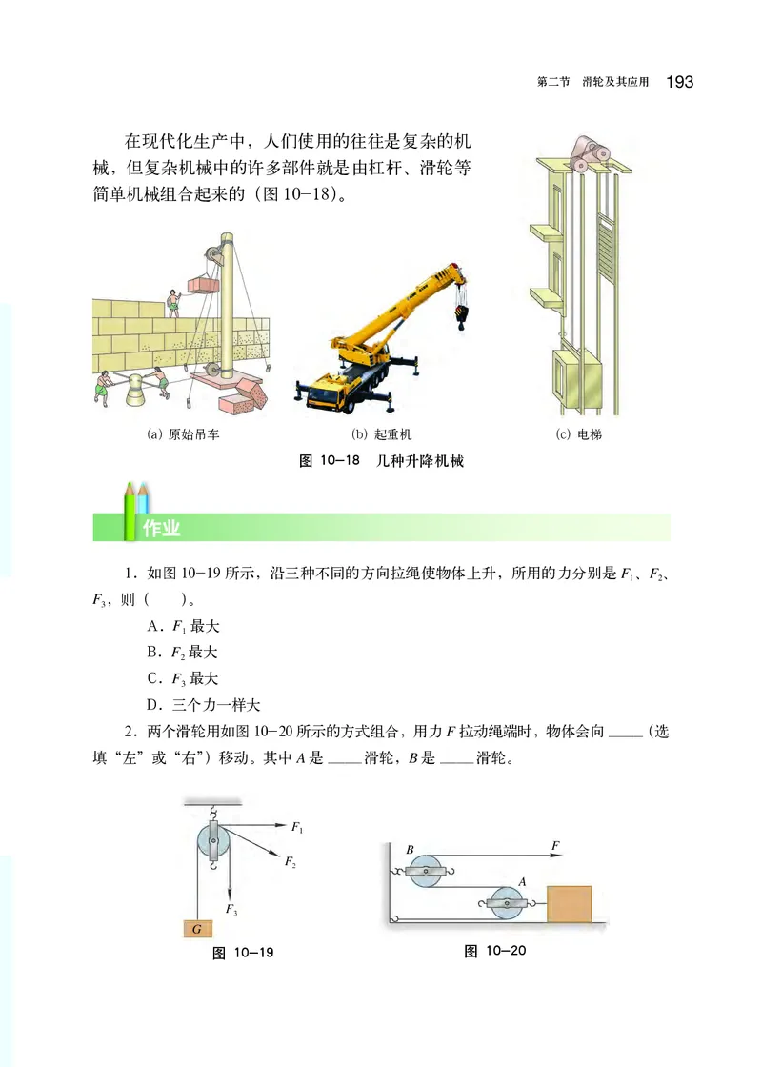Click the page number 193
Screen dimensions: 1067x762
coord(680,82)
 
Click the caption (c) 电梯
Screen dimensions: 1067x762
coord(578,435)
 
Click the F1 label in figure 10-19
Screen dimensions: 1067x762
coord(296,830)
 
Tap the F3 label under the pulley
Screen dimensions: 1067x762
coord(231,910)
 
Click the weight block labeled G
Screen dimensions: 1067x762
coord(196,927)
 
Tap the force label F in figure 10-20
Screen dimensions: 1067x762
coord(555,844)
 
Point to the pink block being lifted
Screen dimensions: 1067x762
coord(204,284)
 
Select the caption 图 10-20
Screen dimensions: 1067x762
coord(494,951)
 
